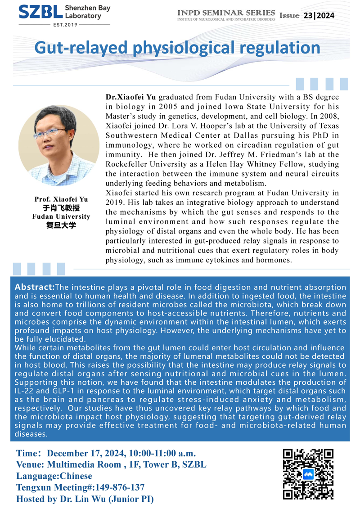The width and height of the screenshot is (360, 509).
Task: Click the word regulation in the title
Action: (274, 48)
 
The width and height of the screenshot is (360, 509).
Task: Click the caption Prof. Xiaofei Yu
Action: (61, 199)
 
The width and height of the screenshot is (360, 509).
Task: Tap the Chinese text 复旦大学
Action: (61, 225)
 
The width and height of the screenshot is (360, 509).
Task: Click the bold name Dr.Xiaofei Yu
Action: (131, 97)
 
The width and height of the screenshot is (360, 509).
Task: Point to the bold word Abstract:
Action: (35, 287)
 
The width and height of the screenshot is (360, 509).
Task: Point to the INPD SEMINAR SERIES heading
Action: (226, 14)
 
